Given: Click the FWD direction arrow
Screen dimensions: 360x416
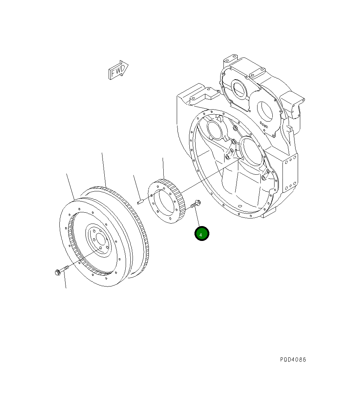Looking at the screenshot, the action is coord(118,70).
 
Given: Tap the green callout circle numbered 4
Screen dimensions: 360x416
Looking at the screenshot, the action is coord(202,234).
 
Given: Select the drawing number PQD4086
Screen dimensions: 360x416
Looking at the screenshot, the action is coord(293,360).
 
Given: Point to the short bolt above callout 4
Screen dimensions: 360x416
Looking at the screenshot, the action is coord(196,204).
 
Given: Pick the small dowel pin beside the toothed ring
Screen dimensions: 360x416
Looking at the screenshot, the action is coord(140,202).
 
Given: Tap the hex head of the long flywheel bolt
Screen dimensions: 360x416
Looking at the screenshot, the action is coord(57,272).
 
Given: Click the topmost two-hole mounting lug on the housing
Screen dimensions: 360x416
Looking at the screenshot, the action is coord(230,59).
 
